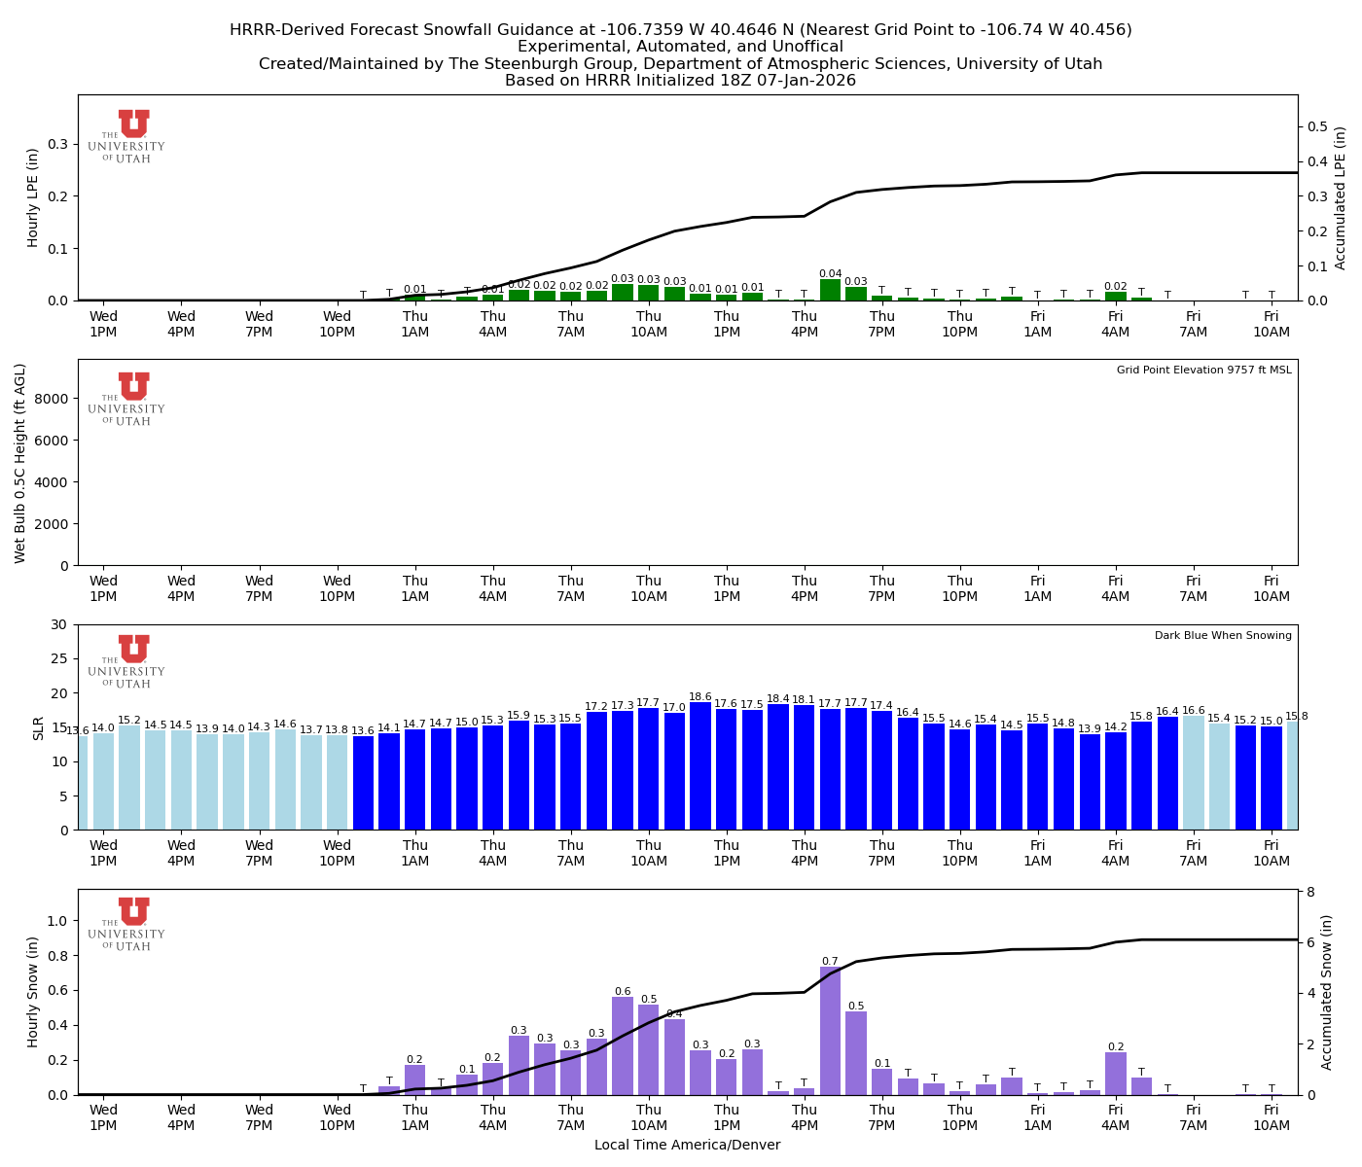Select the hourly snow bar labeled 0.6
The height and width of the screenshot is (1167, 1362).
pyautogui.click(x=623, y=1045)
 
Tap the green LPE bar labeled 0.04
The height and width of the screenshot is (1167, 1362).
pyautogui.click(x=830, y=290)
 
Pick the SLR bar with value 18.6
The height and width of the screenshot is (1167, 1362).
pyautogui.click(x=700, y=766)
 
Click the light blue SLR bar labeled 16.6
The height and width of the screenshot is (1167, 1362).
pyautogui.click(x=1194, y=773)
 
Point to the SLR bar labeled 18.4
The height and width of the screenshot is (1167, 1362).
pyautogui.click(x=778, y=767)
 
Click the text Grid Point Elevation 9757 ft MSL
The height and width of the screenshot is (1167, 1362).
pyautogui.click(x=1203, y=371)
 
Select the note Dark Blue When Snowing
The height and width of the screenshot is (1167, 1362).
pyautogui.click(x=1223, y=636)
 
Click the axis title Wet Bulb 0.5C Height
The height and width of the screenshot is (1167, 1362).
pyautogui.click(x=20, y=463)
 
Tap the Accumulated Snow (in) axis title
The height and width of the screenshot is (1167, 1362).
pyautogui.click(x=1327, y=992)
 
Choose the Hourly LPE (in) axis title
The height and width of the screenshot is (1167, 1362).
pyautogui.click(x=33, y=197)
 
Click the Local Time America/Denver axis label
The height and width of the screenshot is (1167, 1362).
pyautogui.click(x=687, y=1145)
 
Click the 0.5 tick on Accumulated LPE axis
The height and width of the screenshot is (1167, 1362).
pyautogui.click(x=1317, y=126)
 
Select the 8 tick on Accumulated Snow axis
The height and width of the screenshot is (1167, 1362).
pyautogui.click(x=1311, y=892)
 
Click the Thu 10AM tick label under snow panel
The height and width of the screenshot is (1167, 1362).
pyautogui.click(x=649, y=1117)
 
